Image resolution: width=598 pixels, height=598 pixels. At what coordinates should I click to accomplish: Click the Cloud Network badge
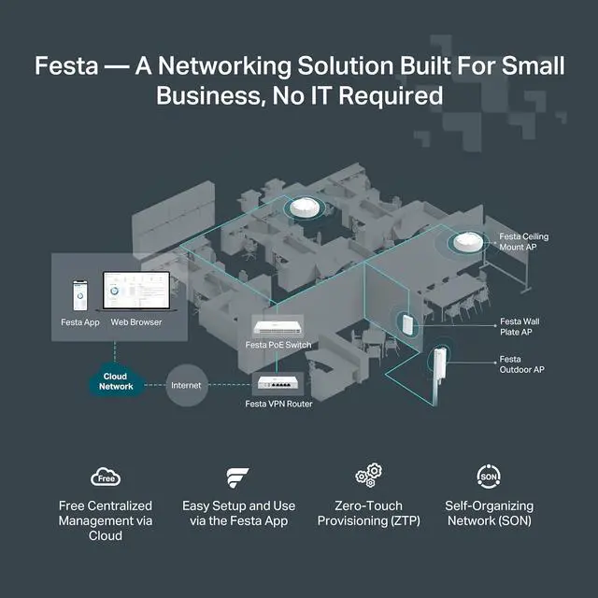pos(117,381)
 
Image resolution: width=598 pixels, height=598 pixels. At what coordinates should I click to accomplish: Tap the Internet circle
pos(187,385)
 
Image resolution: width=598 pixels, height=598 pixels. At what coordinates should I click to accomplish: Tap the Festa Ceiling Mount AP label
pos(523,243)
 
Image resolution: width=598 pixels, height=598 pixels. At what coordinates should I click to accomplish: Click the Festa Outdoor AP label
pos(521,364)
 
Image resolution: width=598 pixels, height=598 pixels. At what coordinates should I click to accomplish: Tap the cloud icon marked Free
pos(105,477)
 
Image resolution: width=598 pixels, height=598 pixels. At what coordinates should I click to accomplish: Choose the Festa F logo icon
pos(237,478)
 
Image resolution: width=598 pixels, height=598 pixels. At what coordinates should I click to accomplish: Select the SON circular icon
pos(489,477)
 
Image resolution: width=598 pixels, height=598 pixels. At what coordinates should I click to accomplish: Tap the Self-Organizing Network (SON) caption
pos(489,513)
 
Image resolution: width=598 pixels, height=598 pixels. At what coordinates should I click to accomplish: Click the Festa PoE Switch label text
pos(278,345)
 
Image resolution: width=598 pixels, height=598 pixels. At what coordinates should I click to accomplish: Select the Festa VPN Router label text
pos(278,404)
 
